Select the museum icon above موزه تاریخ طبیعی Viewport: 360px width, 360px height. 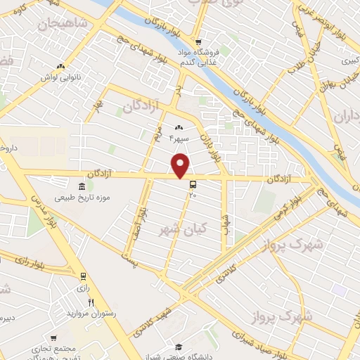point(83,186)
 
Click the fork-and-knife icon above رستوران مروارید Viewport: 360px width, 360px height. point(91,302)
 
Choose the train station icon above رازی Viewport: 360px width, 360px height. point(84,276)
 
